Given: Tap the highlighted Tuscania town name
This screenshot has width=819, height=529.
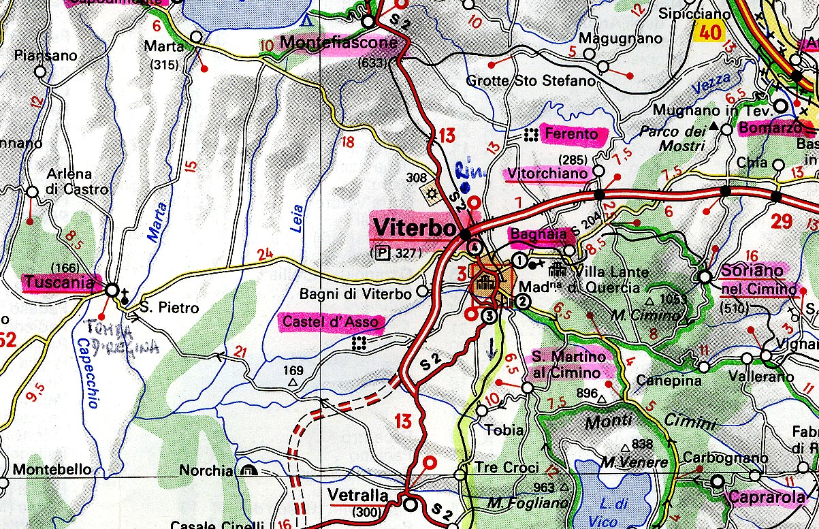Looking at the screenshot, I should [x=59, y=283].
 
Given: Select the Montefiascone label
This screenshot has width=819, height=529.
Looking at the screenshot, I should [x=338, y=44].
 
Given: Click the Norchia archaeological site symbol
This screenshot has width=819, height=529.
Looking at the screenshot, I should [x=246, y=470].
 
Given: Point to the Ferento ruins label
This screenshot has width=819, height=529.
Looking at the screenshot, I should [x=575, y=135].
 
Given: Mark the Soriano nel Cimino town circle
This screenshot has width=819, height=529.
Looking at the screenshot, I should [x=705, y=277].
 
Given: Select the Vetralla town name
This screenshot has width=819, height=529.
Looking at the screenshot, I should [x=357, y=495].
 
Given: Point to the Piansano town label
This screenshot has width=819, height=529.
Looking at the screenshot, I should [x=46, y=56].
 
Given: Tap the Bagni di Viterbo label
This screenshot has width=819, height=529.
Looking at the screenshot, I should [x=356, y=294].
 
